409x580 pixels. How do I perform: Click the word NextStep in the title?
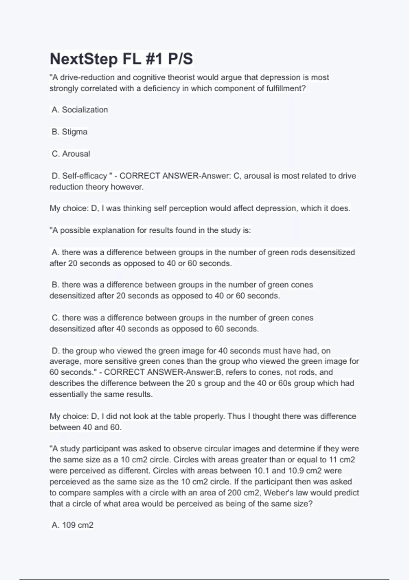tap(84, 59)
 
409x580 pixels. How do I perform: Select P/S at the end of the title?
tap(180, 59)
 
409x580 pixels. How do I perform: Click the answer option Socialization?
tap(85, 110)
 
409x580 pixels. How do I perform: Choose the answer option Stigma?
tap(74, 132)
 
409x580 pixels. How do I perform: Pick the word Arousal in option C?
tap(76, 154)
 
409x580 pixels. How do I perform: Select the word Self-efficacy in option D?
tap(84, 176)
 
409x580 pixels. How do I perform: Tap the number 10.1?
tap(261, 471)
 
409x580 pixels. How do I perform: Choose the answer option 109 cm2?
tap(77, 525)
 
